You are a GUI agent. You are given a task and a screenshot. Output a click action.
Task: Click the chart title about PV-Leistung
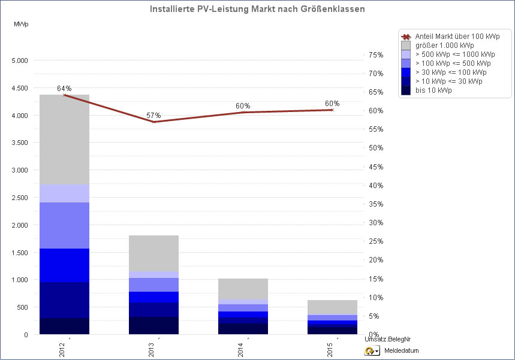tap(257, 10)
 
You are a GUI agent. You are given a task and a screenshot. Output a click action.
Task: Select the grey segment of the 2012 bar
tap(64, 139)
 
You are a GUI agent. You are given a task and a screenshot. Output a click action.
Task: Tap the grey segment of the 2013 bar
tap(153, 253)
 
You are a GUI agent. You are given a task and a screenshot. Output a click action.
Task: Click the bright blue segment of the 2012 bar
tap(64, 265)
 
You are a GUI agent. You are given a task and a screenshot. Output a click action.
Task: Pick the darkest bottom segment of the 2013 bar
tap(153, 325)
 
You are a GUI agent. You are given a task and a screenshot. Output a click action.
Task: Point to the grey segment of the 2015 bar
tap(332, 307)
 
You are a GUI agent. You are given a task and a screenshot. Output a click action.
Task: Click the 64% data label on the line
tap(64, 88)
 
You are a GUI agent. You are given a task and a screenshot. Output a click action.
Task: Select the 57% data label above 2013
tap(153, 115)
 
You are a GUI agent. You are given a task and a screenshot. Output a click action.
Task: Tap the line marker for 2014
tap(243, 112)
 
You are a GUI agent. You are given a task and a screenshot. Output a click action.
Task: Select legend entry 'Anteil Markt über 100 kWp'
tap(457, 37)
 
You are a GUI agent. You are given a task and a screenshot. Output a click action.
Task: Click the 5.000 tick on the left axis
tap(20, 60)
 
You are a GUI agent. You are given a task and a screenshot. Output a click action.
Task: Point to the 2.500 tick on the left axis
tap(20, 198)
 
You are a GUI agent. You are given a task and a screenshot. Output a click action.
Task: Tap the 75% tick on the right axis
tap(375, 55)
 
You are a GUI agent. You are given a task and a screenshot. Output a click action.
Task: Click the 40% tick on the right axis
tap(375, 186)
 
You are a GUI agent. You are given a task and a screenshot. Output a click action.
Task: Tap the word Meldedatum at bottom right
tap(401, 351)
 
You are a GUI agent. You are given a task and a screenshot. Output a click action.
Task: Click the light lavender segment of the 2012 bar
tap(64, 193)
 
